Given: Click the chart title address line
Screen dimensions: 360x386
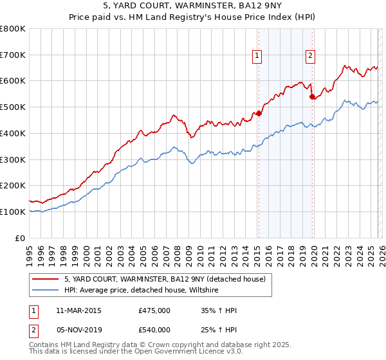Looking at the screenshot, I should pyautogui.click(x=193, y=6).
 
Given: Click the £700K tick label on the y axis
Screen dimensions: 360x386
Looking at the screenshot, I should pyautogui.click(x=13, y=55).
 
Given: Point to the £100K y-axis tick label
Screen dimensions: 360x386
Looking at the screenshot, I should pyautogui.click(x=13, y=212).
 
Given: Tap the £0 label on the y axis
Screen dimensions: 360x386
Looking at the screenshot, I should pyautogui.click(x=21, y=238).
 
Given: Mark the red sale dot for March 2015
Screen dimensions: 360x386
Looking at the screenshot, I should pyautogui.click(x=259, y=114).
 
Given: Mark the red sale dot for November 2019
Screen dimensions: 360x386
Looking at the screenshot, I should pyautogui.click(x=312, y=97).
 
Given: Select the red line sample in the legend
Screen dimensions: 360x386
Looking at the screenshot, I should pyautogui.click(x=46, y=280).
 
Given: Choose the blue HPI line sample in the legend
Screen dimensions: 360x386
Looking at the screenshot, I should pyautogui.click(x=46, y=291).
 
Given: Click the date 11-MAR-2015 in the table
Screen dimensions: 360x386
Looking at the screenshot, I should pyautogui.click(x=78, y=310).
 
